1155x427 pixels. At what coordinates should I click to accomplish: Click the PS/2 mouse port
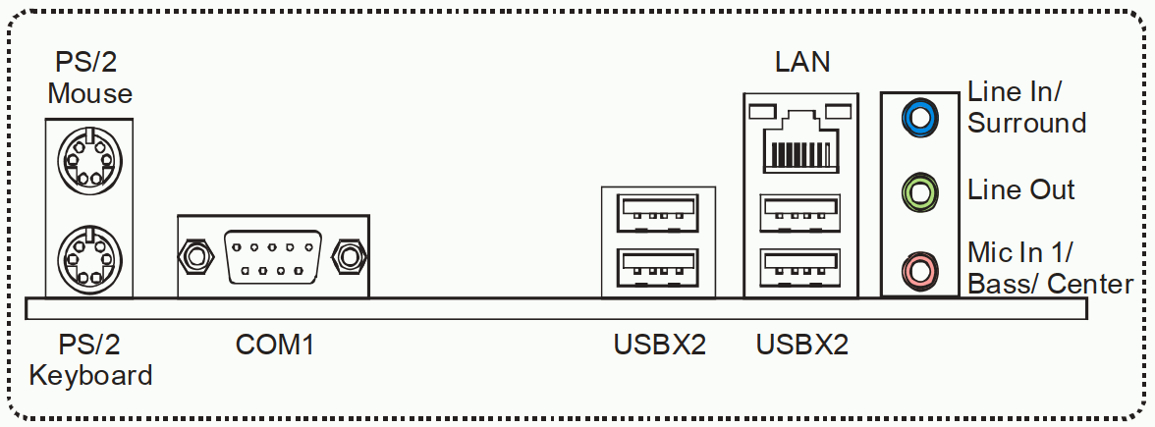click(89, 159)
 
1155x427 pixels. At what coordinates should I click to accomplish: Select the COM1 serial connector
click(273, 257)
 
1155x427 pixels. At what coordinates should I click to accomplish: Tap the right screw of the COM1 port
click(349, 258)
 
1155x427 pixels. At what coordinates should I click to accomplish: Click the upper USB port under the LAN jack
click(801, 211)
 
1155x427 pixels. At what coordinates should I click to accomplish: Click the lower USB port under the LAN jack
click(801, 265)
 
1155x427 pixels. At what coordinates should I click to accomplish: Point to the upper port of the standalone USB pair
click(657, 211)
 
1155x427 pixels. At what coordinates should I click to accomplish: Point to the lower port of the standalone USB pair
click(657, 265)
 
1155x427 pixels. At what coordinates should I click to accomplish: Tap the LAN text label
click(802, 62)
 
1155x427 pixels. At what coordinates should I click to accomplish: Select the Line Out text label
click(1021, 189)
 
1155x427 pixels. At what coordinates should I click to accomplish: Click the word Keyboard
click(90, 375)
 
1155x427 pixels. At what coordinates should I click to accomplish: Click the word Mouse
click(90, 93)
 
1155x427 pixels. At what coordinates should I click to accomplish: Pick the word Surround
click(1027, 123)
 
